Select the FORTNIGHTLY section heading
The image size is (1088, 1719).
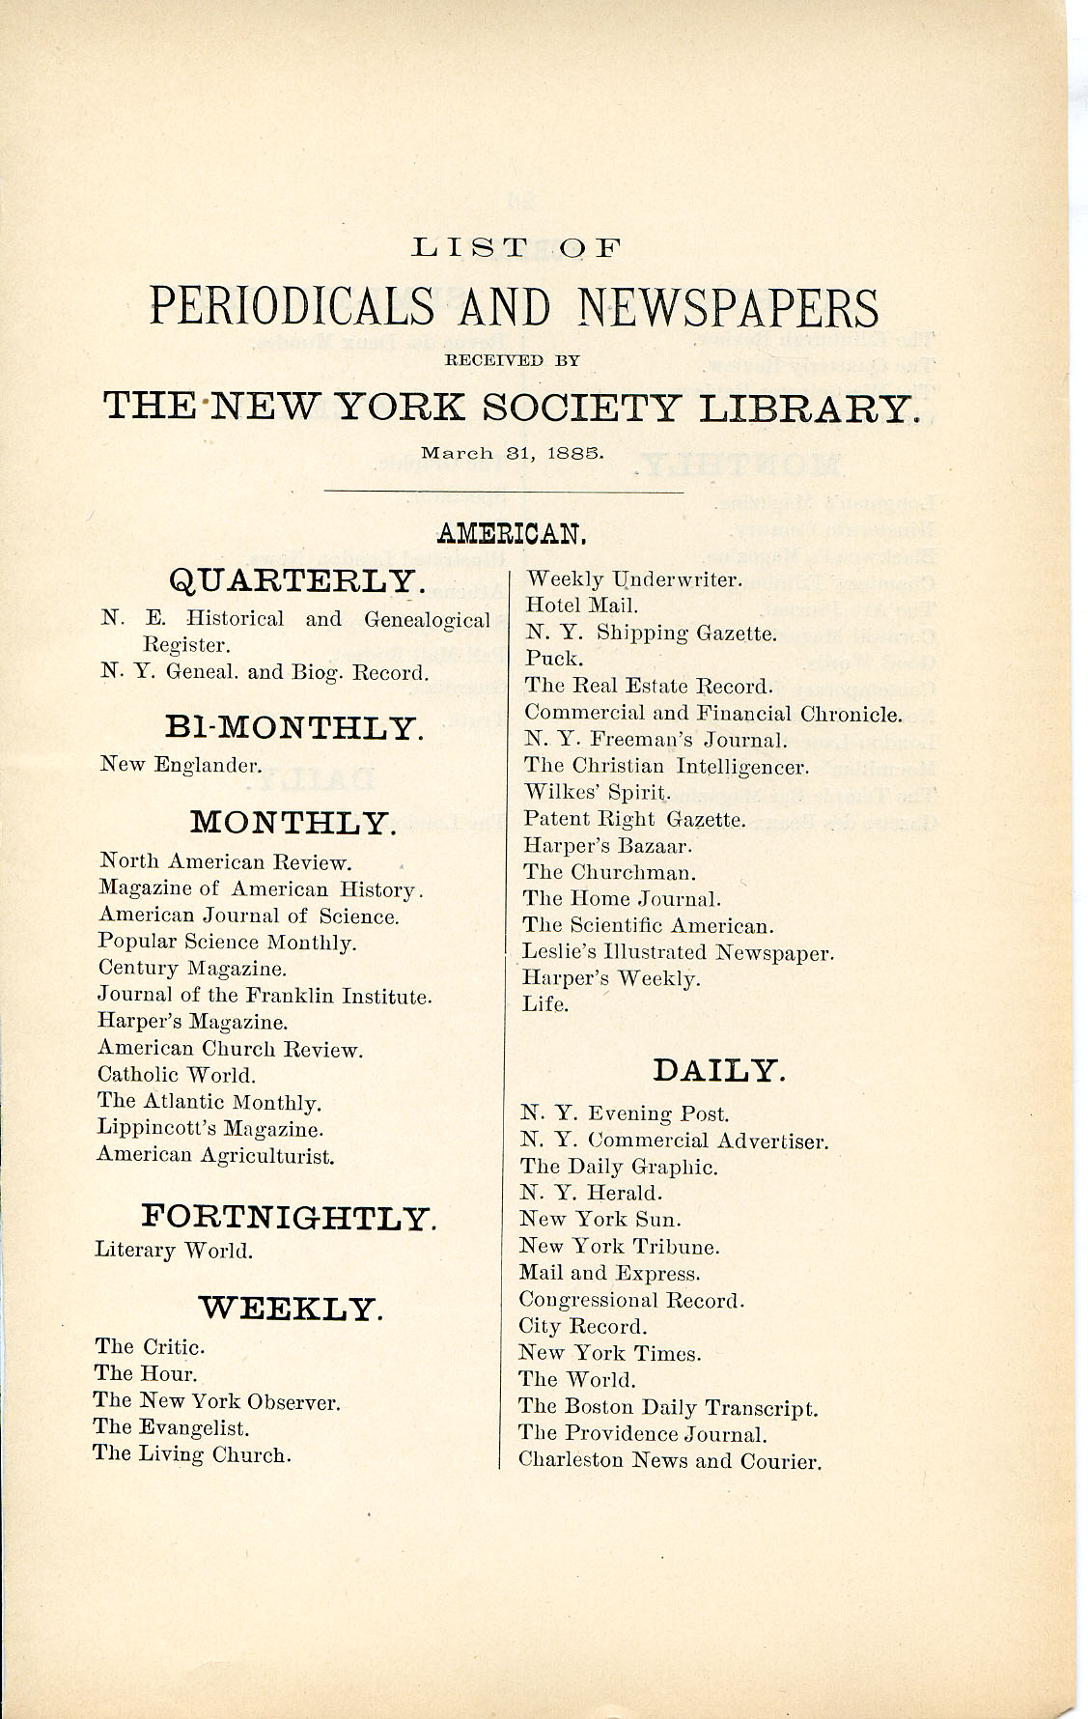289,1218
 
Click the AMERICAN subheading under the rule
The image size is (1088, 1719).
511,532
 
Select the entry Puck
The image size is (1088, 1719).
554,659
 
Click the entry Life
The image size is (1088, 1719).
545,1004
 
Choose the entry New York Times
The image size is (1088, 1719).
610,1354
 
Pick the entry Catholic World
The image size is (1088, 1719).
177,1075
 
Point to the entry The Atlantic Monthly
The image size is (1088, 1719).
209,1102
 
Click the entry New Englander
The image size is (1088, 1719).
181,765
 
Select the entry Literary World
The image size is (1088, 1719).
174,1251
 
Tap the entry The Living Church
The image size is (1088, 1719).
192,1454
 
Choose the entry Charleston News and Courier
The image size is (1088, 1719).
670,1460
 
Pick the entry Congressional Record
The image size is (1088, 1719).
631,1300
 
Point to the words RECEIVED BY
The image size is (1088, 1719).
511,361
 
